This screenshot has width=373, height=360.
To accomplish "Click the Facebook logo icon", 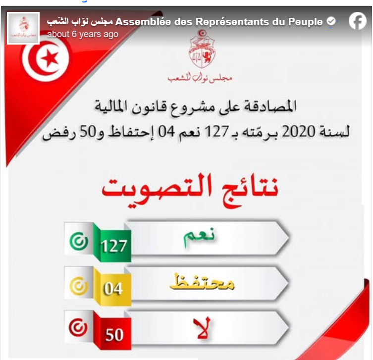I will (357, 21).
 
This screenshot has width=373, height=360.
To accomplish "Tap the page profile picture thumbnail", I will (23, 28).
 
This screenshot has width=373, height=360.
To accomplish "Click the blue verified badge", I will (331, 22).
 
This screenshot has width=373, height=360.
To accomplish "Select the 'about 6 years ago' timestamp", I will (82, 34).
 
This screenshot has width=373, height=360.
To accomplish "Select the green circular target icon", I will (79, 242).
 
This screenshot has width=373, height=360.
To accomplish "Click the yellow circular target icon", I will (79, 286).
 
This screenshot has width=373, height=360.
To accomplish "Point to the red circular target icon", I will (79, 329).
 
